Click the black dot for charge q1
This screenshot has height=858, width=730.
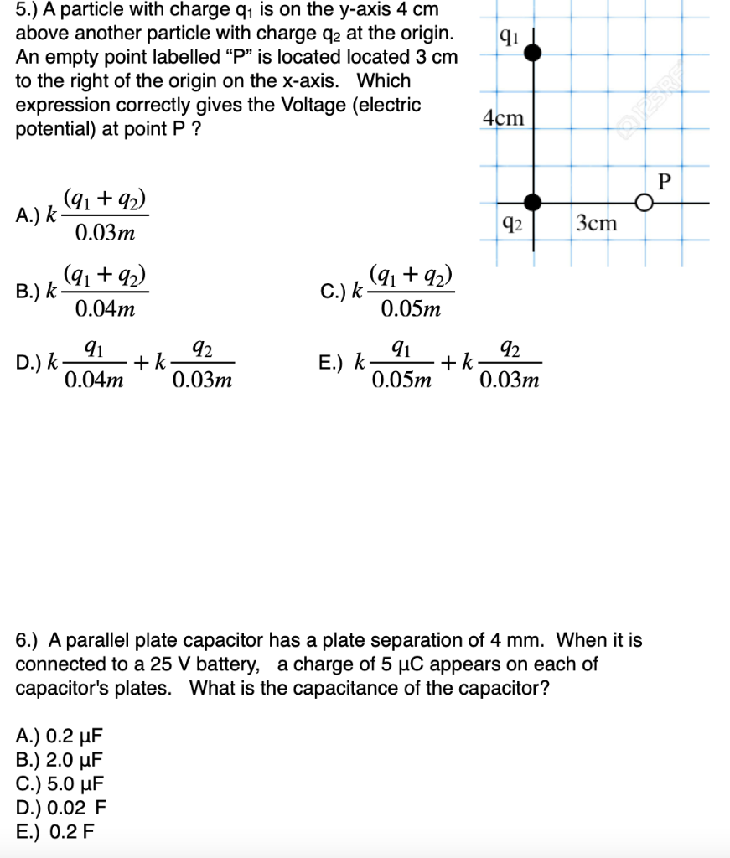point(532,53)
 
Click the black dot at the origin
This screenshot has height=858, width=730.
point(532,202)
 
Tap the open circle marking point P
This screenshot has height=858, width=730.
point(644,203)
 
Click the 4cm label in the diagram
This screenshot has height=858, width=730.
point(504,118)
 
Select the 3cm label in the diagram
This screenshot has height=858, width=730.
point(597,223)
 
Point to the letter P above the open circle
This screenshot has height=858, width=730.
point(665,180)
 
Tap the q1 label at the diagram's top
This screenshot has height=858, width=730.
point(509,35)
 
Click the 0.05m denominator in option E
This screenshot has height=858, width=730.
point(401,381)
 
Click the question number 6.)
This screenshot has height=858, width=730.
point(30,641)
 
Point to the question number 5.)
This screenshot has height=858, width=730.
point(30,11)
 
